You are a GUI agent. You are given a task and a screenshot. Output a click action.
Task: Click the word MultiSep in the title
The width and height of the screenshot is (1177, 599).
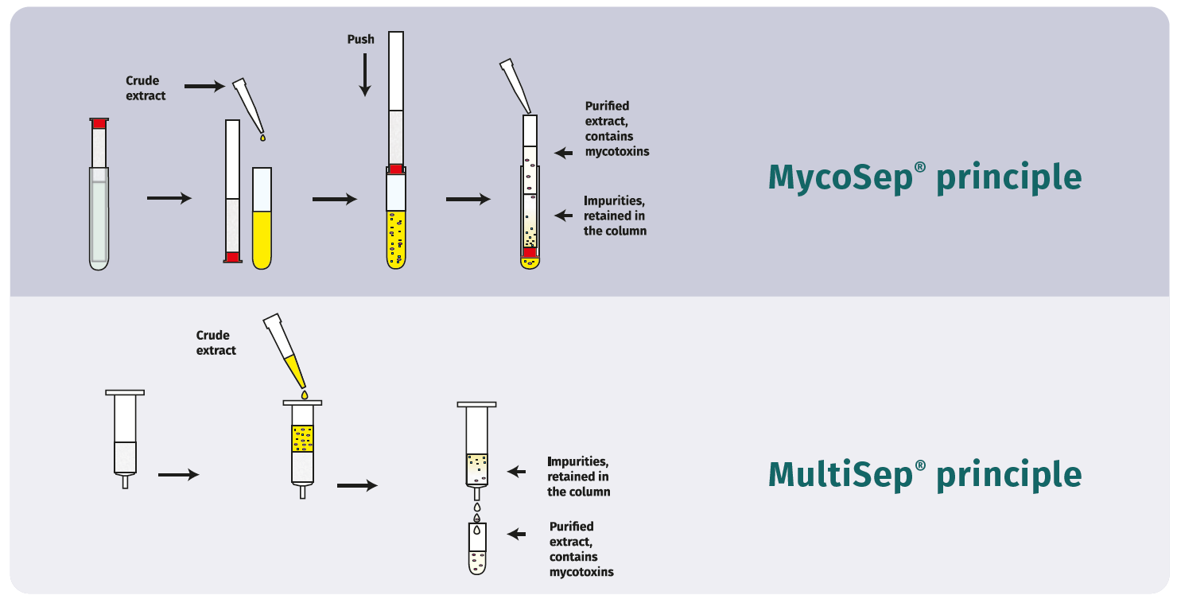pos(841,474)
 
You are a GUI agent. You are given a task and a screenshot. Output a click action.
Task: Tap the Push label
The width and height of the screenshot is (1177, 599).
pos(360,39)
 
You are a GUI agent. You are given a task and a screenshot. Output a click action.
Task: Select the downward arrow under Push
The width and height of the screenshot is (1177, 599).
pos(364,75)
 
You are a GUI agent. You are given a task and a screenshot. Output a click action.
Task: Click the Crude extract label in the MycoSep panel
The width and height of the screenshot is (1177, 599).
pos(146,88)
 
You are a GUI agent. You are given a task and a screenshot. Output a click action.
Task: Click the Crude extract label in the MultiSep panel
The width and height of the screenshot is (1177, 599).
pos(216,343)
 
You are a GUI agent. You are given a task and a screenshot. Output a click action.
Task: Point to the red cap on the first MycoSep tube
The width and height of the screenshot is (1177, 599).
pos(99,123)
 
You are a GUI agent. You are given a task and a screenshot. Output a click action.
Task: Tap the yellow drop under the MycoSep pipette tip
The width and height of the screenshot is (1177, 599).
pos(262,139)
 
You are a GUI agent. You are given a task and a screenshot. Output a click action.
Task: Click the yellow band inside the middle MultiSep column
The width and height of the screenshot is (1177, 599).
pos(303,438)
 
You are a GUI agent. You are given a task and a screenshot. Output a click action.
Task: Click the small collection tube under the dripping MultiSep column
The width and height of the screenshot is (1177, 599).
pos(476,549)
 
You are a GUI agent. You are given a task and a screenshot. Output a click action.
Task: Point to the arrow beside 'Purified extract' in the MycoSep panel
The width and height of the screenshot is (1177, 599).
pos(563,153)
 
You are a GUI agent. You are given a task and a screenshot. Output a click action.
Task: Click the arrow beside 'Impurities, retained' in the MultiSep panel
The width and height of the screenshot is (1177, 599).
pos(517,472)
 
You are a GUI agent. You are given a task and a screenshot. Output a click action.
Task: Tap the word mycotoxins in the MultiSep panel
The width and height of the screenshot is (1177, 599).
pos(581,572)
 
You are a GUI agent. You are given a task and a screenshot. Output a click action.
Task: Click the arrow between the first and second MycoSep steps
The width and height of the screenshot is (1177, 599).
pos(169,199)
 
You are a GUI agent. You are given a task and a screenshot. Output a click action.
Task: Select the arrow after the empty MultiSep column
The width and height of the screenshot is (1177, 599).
pos(178,475)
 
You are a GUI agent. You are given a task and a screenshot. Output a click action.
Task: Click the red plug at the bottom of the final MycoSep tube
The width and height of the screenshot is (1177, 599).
pos(530,252)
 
